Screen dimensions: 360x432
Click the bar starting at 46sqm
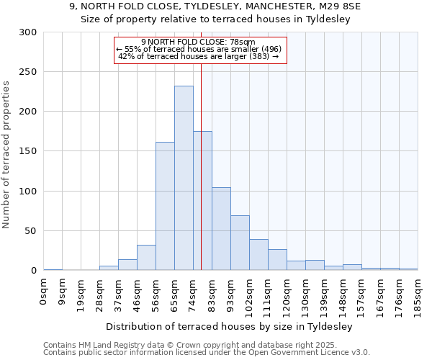(146, 258)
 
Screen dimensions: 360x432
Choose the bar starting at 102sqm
(258, 255)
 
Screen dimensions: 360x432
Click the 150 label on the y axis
(28, 152)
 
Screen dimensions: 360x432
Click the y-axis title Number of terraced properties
(7, 154)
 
